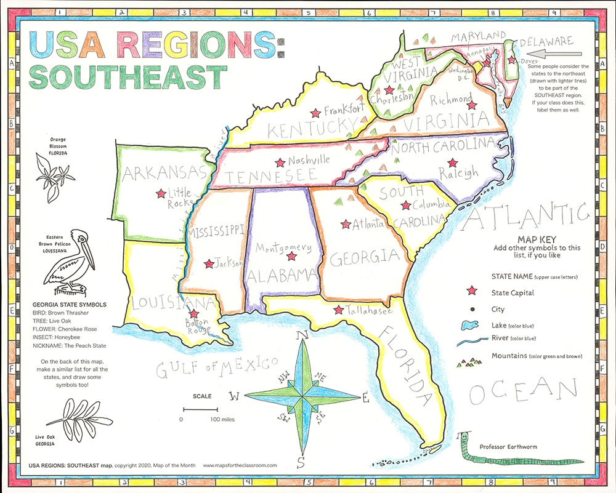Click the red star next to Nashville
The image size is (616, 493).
pyautogui.click(x=280, y=163)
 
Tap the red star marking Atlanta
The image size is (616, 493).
pyautogui.click(x=346, y=224)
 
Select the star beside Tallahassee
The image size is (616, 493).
pyautogui.click(x=338, y=310)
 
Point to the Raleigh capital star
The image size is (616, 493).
pyautogui.click(x=453, y=163)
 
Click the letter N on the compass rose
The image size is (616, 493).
pyautogui.click(x=302, y=336)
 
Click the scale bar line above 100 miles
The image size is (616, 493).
pyautogui.click(x=200, y=409)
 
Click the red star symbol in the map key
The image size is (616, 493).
pyautogui.click(x=472, y=291)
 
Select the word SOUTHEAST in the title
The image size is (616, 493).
pyautogui.click(x=127, y=78)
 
